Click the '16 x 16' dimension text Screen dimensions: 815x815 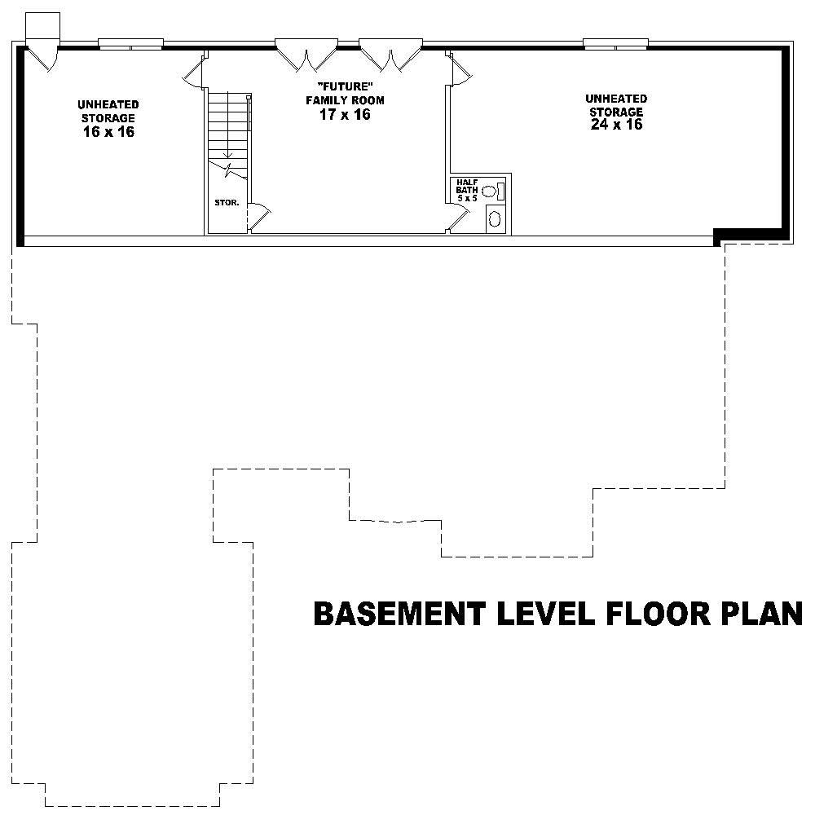coord(108,132)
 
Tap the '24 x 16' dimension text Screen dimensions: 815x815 coord(616,125)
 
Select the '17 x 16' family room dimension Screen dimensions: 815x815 coord(344,115)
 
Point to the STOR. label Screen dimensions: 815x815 coord(227,202)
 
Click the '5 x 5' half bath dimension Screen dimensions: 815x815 coord(466,198)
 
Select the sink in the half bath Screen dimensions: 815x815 coord(495,218)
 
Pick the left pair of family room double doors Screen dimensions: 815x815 coord(306,55)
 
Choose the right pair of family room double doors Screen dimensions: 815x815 coord(391,55)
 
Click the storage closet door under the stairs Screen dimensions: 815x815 coord(259,214)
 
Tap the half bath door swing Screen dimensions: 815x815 coord(459,218)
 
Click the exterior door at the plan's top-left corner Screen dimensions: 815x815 coord(41,55)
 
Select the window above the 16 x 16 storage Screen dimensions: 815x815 coord(130,43)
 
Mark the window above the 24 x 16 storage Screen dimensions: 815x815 coord(615,43)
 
